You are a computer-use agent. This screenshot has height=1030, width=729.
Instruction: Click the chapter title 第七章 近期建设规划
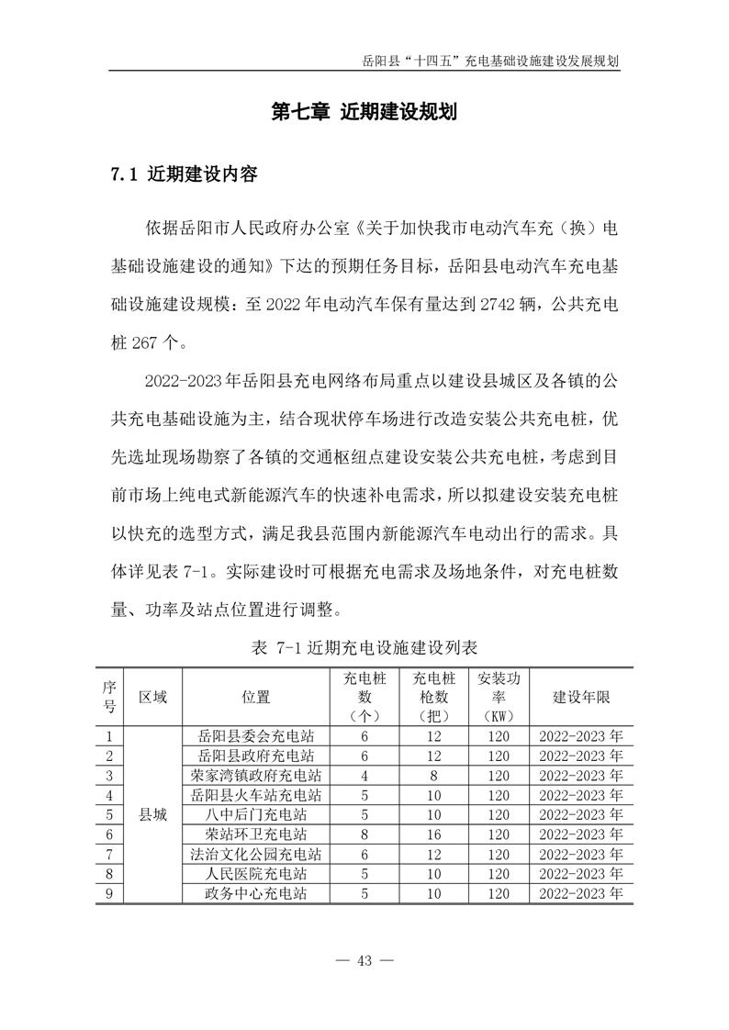click(364, 112)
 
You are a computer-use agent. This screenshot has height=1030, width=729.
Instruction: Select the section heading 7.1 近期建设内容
click(184, 173)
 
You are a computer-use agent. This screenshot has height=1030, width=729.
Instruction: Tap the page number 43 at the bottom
click(364, 960)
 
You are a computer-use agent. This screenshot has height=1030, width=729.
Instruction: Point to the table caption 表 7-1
click(364, 646)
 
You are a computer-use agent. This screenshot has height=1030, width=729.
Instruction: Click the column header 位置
click(256, 697)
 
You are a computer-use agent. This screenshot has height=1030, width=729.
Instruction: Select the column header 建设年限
click(580, 697)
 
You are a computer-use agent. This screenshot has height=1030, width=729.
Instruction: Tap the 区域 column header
click(152, 697)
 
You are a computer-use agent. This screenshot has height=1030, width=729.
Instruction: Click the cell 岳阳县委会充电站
click(256, 736)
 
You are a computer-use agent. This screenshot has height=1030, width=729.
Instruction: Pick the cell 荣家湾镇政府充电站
click(256, 775)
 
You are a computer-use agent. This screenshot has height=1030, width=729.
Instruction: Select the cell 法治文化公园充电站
click(256, 854)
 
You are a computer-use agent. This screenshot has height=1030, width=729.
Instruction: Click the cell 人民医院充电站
click(256, 873)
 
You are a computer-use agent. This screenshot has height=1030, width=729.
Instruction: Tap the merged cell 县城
click(152, 814)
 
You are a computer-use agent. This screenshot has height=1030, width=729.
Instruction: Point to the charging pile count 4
click(364, 775)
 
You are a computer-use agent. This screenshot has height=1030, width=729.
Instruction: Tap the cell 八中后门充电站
click(256, 814)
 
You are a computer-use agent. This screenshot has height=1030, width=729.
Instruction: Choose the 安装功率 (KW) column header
click(499, 697)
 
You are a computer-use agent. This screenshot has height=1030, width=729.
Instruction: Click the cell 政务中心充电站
click(256, 893)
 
